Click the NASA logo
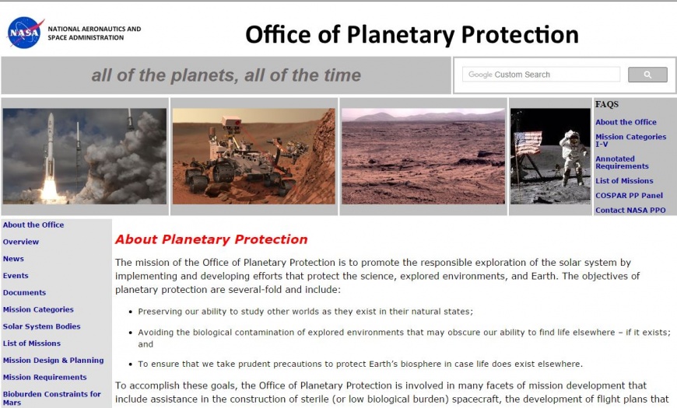tap(25, 33)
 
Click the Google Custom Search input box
tap(541, 75)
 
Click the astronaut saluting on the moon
tap(573, 158)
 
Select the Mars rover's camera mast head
tap(231, 123)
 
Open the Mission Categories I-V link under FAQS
tap(630, 140)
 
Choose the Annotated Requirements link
tap(622, 162)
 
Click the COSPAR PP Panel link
tap(629, 195)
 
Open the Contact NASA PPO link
tap(630, 210)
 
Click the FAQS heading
tap(607, 104)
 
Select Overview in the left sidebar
tap(21, 242)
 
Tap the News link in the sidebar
tap(13, 259)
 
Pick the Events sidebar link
tap(16, 276)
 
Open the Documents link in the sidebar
tap(24, 292)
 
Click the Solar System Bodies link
tap(41, 326)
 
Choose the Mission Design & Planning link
tap(53, 360)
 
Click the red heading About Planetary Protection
tap(211, 239)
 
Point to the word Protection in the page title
tap(520, 34)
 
